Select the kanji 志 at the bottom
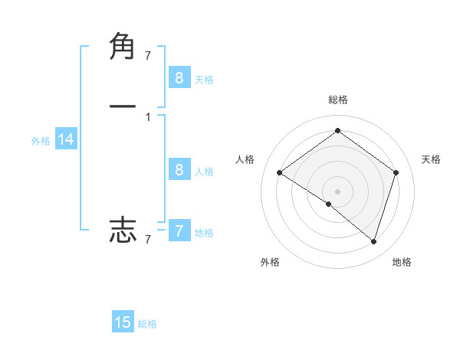123,229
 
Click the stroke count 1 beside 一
148,116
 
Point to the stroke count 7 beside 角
148,55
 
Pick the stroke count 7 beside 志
148,240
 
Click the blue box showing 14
66,139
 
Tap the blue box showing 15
123,322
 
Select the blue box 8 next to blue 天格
179,77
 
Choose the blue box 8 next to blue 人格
179,169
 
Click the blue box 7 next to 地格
179,231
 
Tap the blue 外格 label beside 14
41,141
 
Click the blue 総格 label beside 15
147,324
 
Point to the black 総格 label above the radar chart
337,100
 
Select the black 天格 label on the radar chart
432,159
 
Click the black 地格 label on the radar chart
402,262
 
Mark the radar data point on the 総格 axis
337,131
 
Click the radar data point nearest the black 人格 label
280,173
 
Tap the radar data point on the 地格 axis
373,241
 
